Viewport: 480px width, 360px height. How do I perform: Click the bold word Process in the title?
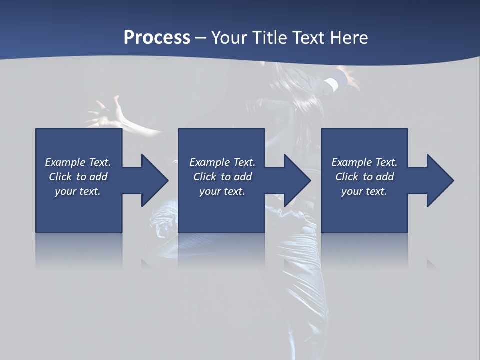(x=157, y=38)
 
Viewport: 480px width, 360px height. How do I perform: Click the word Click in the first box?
(x=60, y=177)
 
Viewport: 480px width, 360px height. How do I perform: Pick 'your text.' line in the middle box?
(x=222, y=191)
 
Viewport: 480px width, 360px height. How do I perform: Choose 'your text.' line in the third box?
(x=364, y=191)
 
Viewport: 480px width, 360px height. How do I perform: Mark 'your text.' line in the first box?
(x=78, y=191)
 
